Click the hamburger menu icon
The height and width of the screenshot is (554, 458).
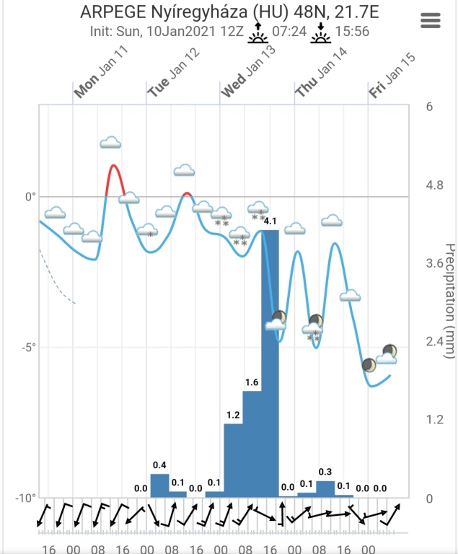click(x=430, y=20)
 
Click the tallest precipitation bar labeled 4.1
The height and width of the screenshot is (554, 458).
click(x=270, y=361)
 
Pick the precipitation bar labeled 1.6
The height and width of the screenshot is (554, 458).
click(x=252, y=443)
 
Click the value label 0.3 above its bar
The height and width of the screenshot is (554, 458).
click(x=325, y=472)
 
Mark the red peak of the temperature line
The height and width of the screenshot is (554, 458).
click(x=114, y=167)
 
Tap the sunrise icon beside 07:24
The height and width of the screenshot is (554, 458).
click(x=257, y=32)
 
